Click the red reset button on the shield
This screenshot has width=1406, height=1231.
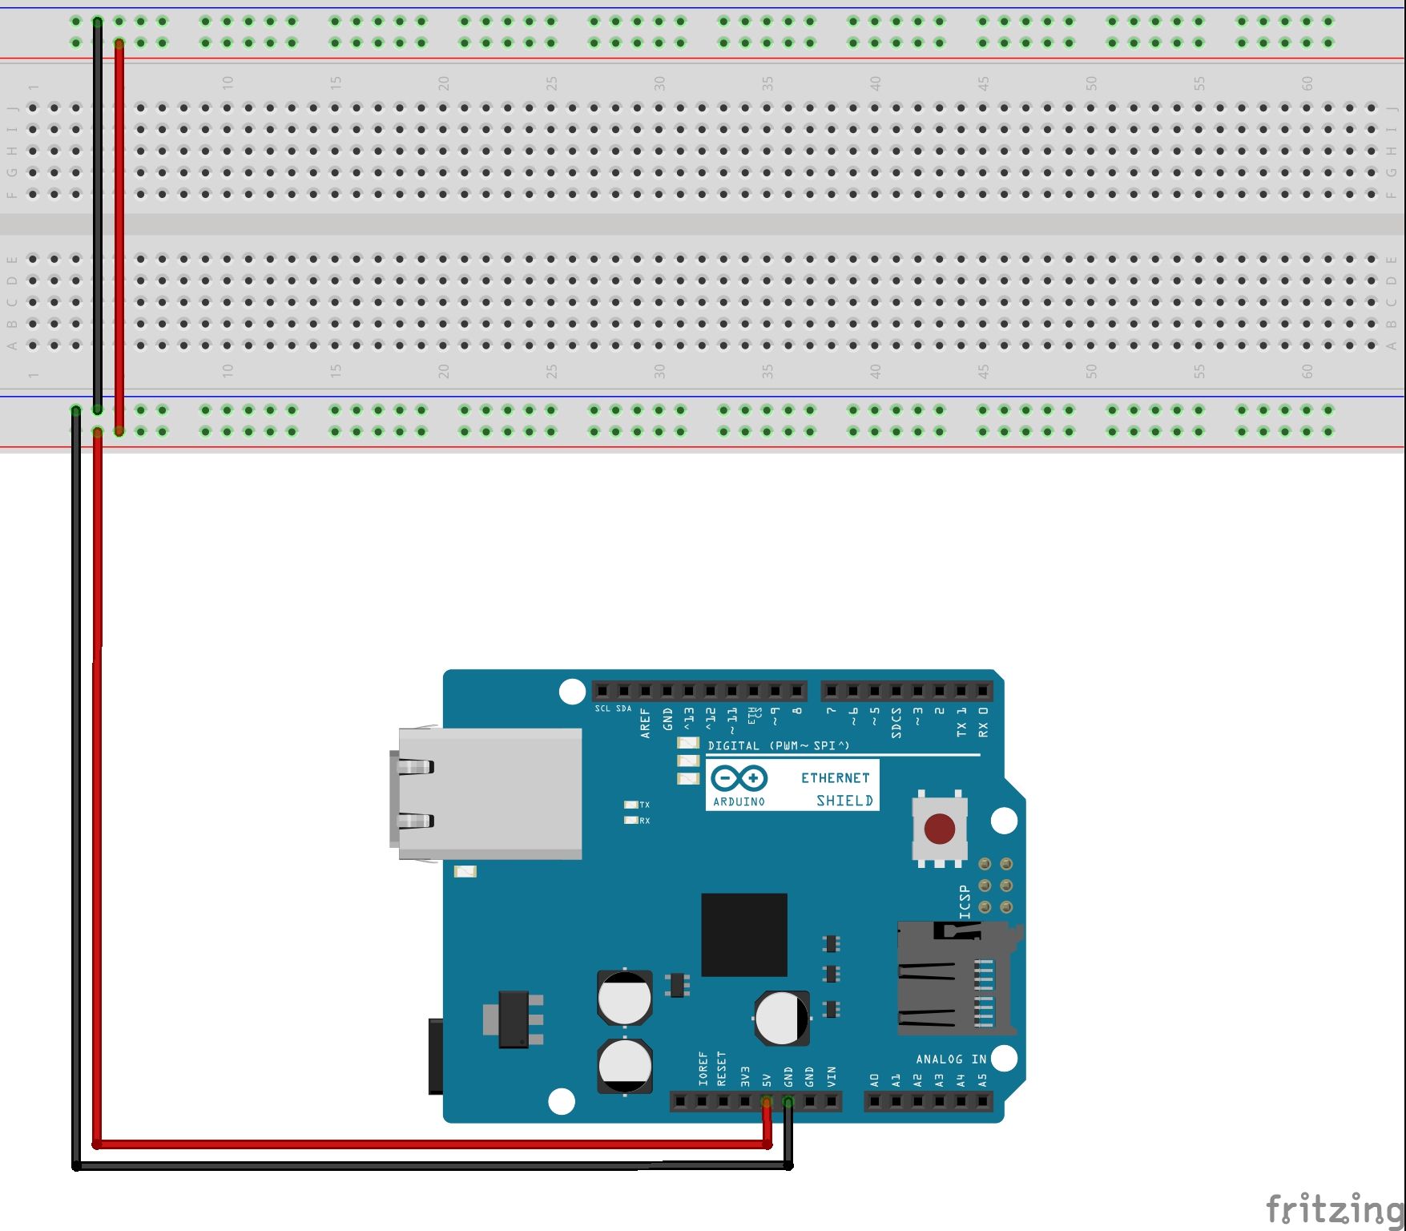(x=940, y=829)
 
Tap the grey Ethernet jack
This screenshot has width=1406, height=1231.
(x=489, y=793)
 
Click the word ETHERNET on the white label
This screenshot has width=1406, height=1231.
(x=835, y=777)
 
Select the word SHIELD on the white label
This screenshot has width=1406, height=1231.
(x=844, y=801)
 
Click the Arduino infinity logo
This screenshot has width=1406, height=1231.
(x=739, y=778)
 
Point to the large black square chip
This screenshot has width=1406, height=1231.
(x=743, y=934)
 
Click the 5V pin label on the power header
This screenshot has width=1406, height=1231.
(x=766, y=1079)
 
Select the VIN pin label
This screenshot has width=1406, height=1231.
(x=831, y=1076)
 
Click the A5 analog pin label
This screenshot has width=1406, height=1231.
(x=983, y=1080)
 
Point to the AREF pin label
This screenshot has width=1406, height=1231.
(x=646, y=723)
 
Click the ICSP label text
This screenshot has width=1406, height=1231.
(x=965, y=902)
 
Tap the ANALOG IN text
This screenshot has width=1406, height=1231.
(x=951, y=1059)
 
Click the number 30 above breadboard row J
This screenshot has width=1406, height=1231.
(x=659, y=83)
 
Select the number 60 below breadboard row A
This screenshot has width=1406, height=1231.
(x=1307, y=371)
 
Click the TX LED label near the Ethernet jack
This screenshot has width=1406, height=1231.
(x=644, y=805)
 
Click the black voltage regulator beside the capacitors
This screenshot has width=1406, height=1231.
(x=514, y=1019)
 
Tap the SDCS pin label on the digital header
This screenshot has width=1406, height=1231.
(x=896, y=723)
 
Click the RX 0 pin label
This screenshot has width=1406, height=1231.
(x=983, y=723)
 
